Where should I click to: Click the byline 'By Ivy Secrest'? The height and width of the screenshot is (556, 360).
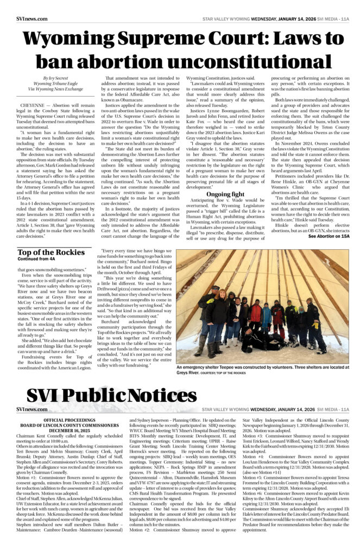coord(56,79)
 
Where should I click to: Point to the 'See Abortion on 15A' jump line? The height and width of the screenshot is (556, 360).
coord(329,236)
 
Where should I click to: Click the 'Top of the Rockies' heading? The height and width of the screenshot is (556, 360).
coord(51,252)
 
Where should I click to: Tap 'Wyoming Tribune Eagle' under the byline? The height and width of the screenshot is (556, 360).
coord(56,84)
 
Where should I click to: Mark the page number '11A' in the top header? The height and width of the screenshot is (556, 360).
coord(345,18)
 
